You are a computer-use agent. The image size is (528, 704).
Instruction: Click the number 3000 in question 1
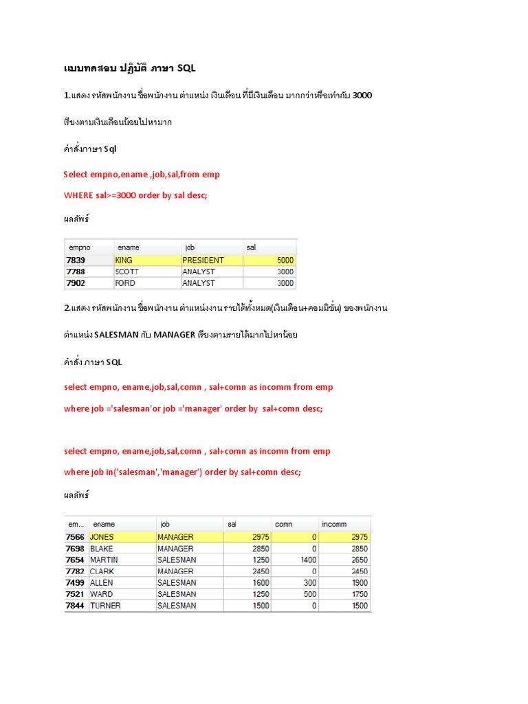362,95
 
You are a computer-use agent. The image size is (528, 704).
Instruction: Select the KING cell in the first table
124,261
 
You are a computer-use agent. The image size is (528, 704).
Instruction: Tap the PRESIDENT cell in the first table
203,261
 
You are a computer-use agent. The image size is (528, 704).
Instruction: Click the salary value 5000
285,261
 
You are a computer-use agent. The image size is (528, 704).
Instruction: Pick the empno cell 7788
76,272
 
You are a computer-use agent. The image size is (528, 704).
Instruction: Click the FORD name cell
125,283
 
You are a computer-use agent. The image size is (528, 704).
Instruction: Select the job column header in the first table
190,247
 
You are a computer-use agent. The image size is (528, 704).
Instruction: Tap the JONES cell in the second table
102,537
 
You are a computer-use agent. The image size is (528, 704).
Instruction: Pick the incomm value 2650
358,560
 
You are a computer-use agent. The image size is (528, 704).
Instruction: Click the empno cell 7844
75,606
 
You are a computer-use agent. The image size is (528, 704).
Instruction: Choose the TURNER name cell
104,606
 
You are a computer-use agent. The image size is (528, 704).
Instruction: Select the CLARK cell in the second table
102,571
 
